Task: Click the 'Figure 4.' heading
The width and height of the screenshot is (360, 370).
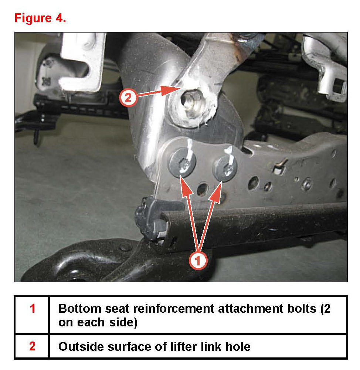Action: [x=40, y=18]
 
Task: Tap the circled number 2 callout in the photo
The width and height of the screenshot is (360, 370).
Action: [x=128, y=98]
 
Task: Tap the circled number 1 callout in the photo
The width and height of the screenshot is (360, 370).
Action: [x=198, y=261]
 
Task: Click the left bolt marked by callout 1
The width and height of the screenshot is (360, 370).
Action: [x=182, y=163]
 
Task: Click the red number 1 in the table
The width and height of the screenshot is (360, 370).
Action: [x=33, y=309]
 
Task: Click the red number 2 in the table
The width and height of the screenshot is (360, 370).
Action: [x=32, y=346]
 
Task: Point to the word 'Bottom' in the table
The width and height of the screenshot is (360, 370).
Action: [x=80, y=309]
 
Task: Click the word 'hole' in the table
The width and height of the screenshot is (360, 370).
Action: [x=238, y=346]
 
